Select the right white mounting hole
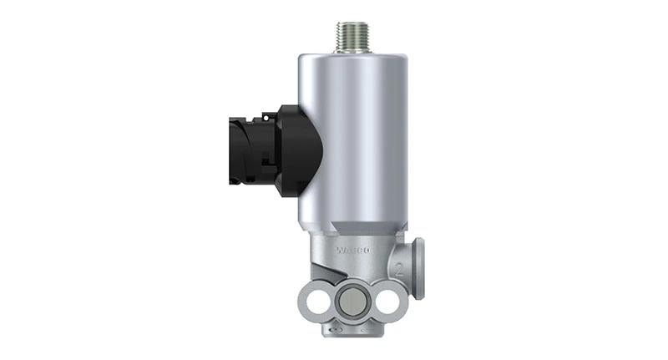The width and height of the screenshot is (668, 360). tap(387, 302)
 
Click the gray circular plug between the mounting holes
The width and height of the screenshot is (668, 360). tap(352, 302)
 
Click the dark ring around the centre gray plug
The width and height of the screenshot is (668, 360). tap(352, 288)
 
